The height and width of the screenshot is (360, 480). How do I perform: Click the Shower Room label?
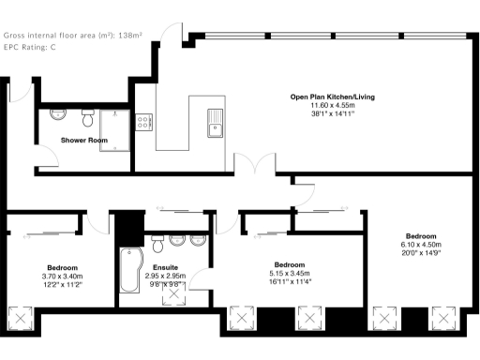[x=84, y=140]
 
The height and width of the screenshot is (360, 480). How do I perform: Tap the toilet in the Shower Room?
[x=86, y=117]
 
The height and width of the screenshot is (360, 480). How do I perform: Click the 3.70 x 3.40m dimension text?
[x=63, y=277]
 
